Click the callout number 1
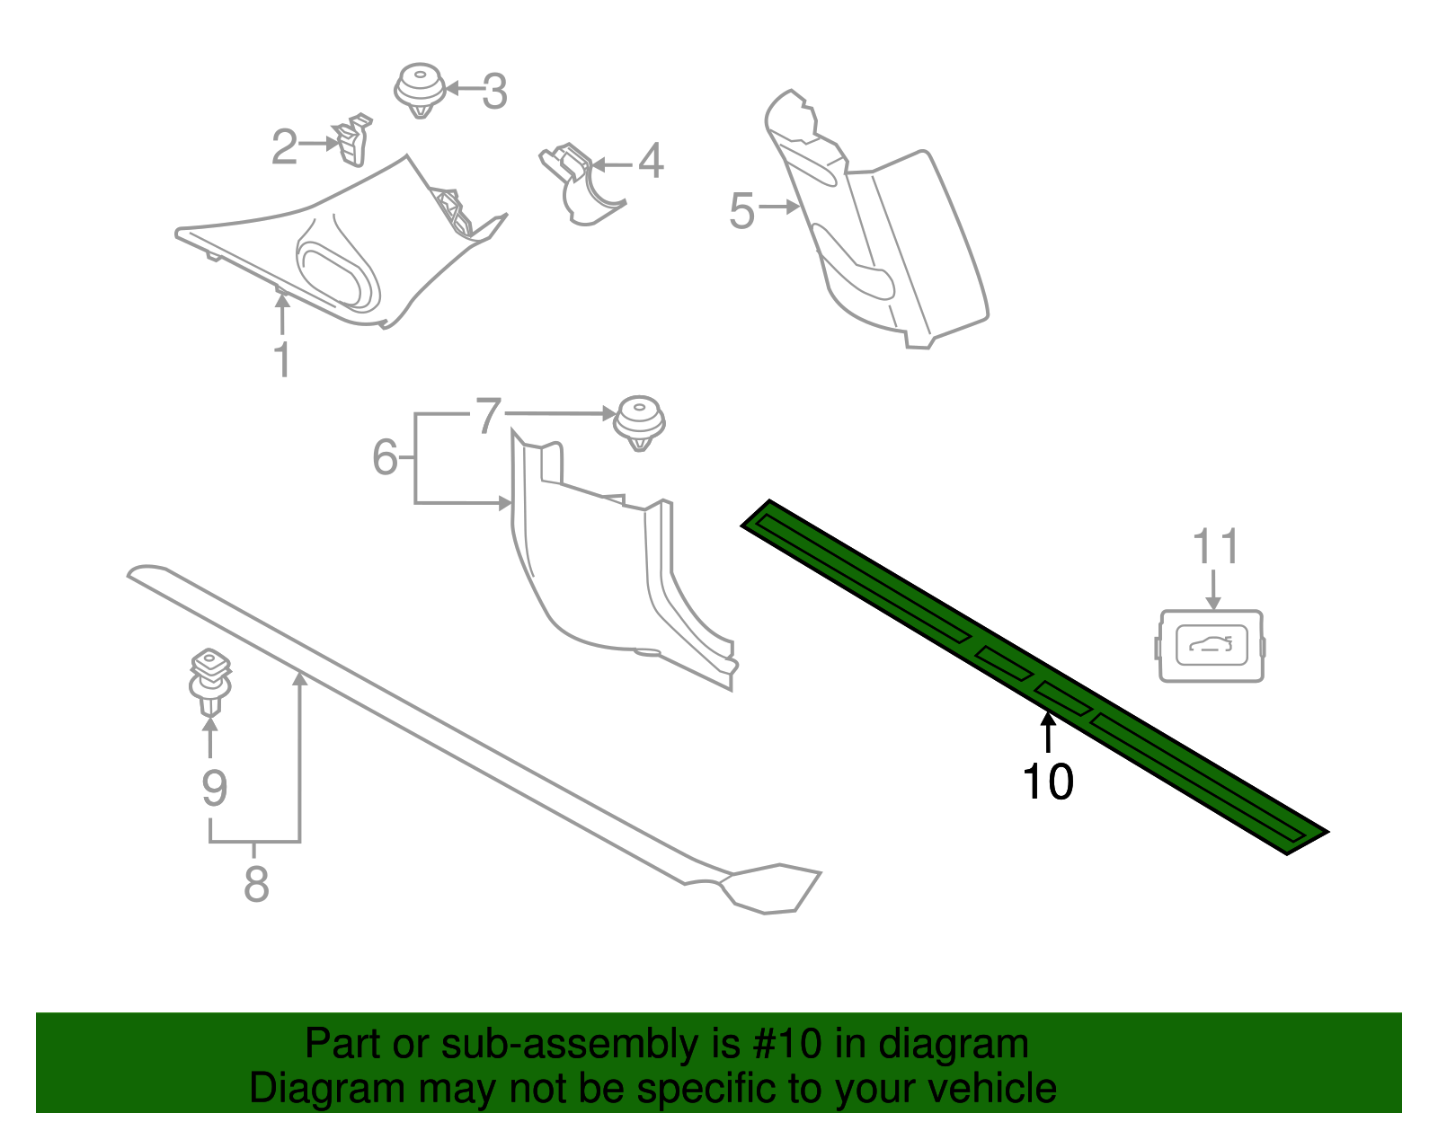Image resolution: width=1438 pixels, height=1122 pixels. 282,359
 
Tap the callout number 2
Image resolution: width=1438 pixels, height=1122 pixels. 284,146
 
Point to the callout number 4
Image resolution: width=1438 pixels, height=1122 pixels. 651,162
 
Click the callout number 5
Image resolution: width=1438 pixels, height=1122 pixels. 741,211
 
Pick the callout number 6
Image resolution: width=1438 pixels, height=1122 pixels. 385,457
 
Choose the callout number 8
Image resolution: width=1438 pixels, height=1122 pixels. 256,885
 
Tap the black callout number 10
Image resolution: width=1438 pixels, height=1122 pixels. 1048,782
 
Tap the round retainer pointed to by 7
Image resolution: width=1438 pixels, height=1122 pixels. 639,422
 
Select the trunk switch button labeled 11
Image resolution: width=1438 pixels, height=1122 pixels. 1211,646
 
